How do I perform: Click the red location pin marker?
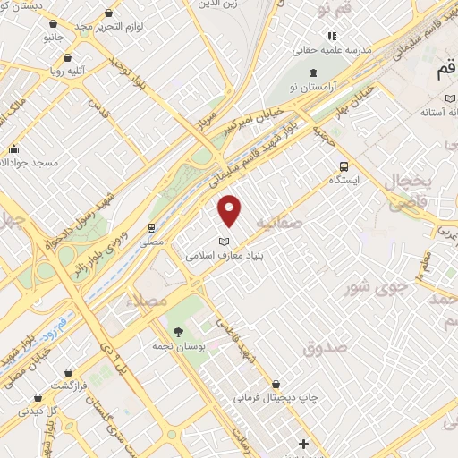[231, 210]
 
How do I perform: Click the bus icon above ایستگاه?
[343, 165]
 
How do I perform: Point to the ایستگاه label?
[343, 179]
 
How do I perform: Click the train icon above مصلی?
[152, 227]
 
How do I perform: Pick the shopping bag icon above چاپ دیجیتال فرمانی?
[276, 384]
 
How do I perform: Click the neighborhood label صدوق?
[323, 348]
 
